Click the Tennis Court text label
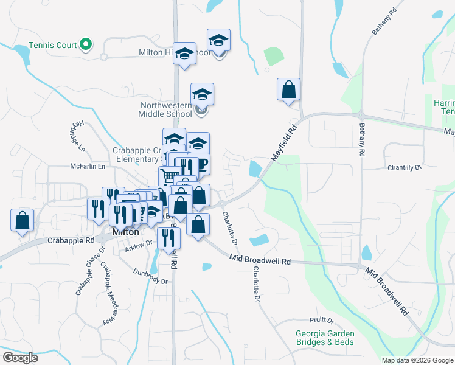point(53,45)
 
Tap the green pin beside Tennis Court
point(86,44)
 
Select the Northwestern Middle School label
point(165,109)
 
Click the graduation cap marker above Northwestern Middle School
point(202,94)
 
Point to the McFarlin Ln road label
point(88,166)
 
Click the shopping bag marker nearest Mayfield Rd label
point(288,90)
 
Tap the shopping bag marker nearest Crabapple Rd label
point(22,221)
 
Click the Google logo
point(19,358)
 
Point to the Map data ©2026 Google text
point(417,360)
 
